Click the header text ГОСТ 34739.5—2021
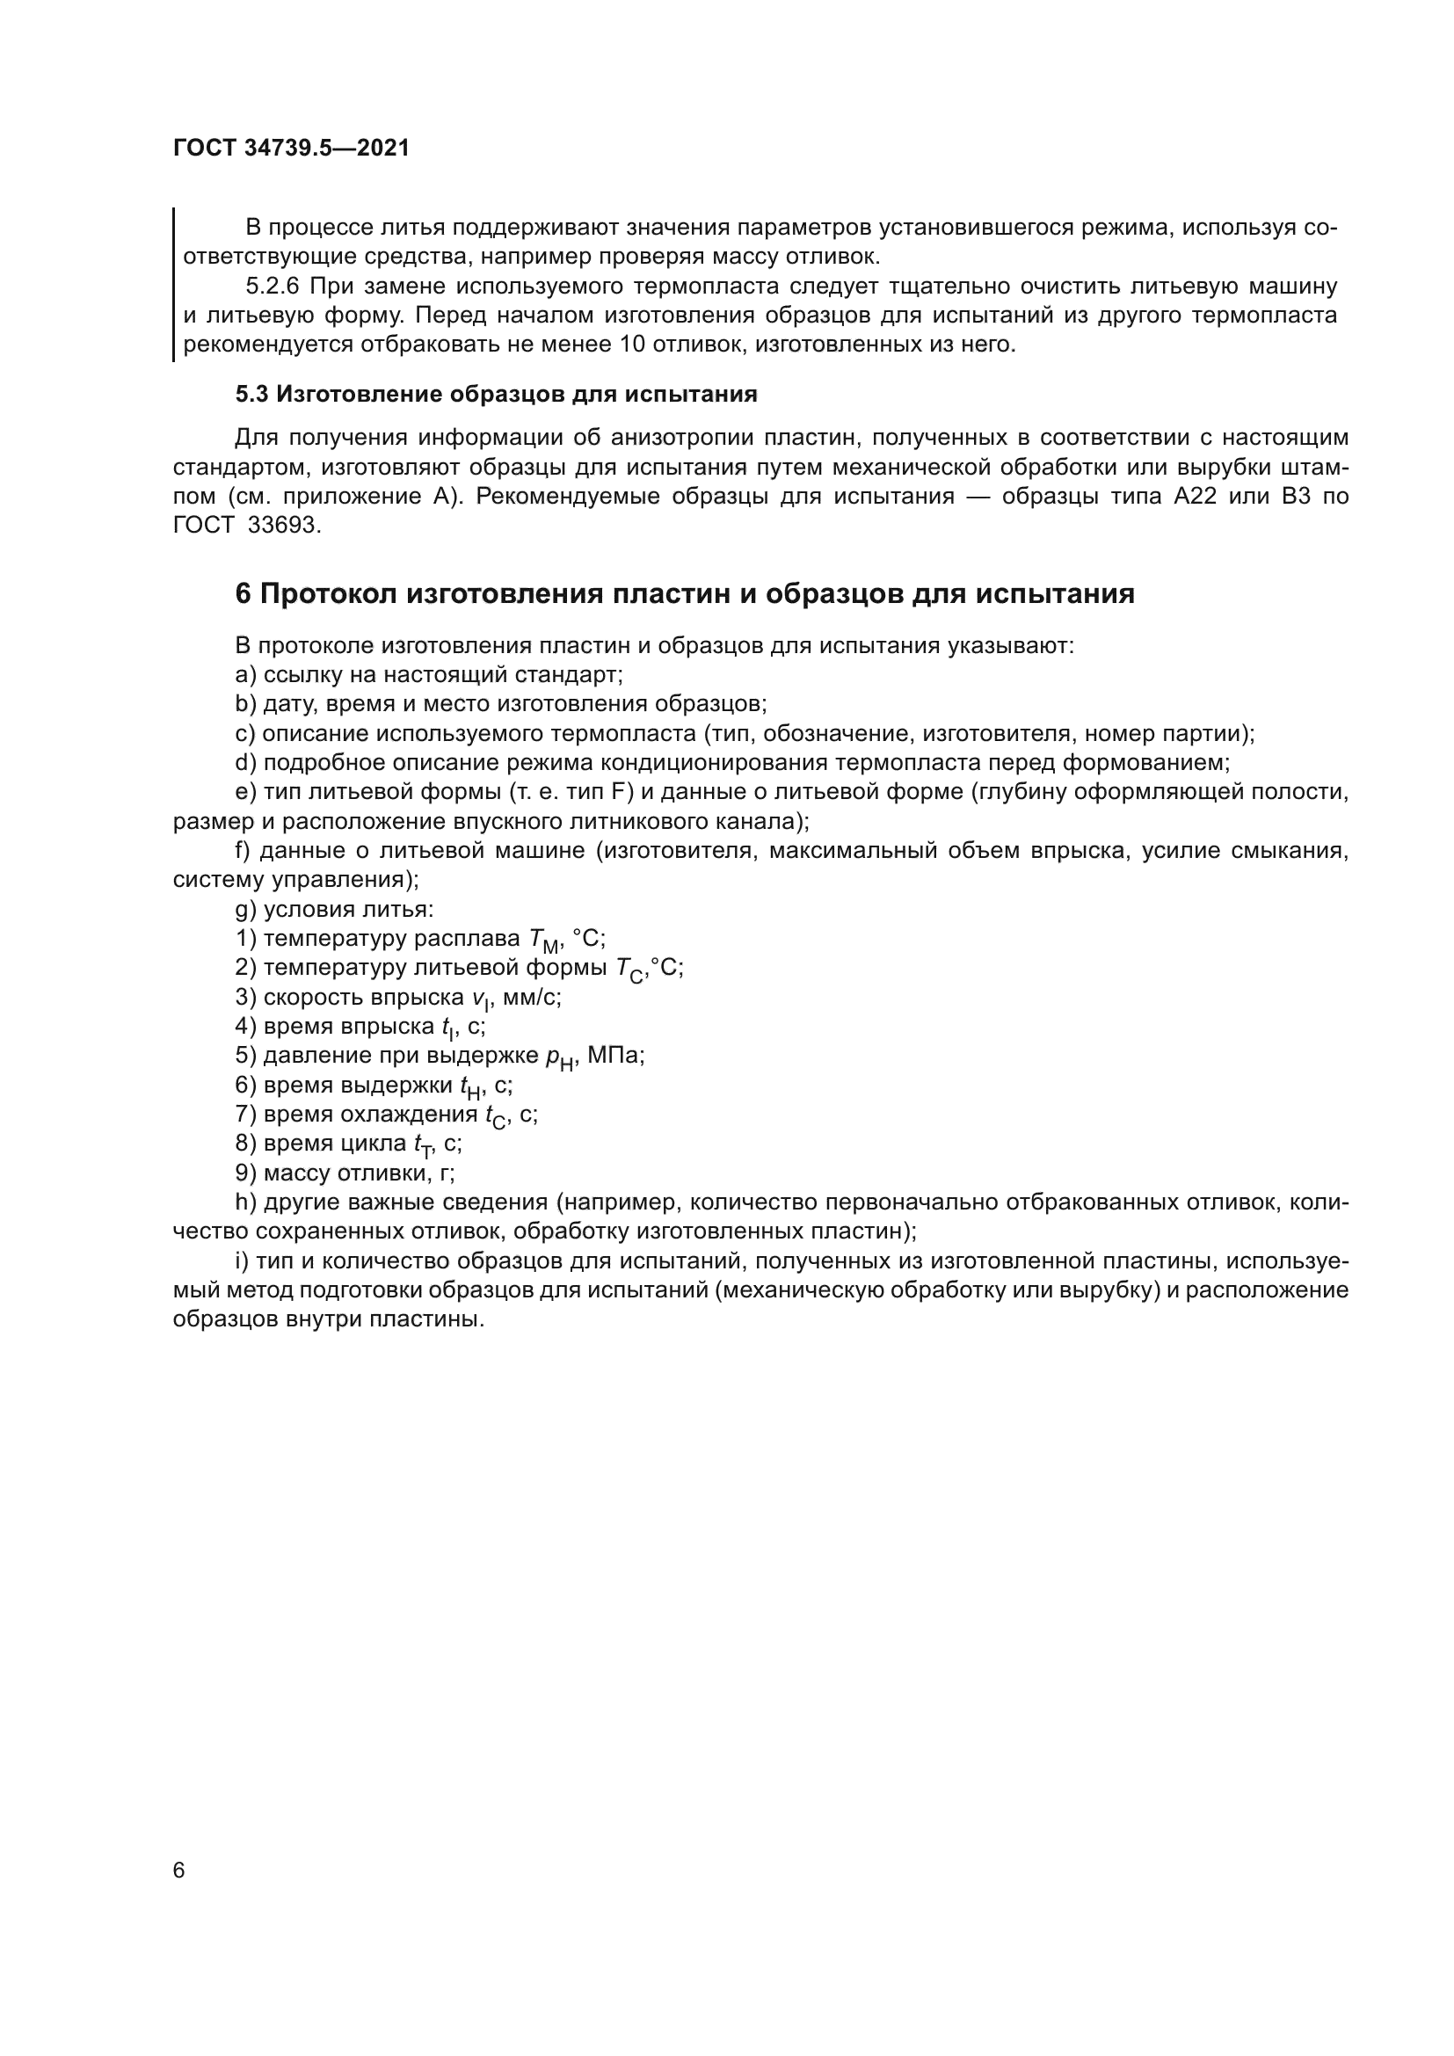click(291, 148)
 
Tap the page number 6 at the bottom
click(179, 1871)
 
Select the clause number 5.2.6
click(273, 287)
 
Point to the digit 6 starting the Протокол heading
click(243, 593)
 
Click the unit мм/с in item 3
click(531, 998)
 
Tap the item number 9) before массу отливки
click(245, 1173)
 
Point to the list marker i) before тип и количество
click(242, 1261)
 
